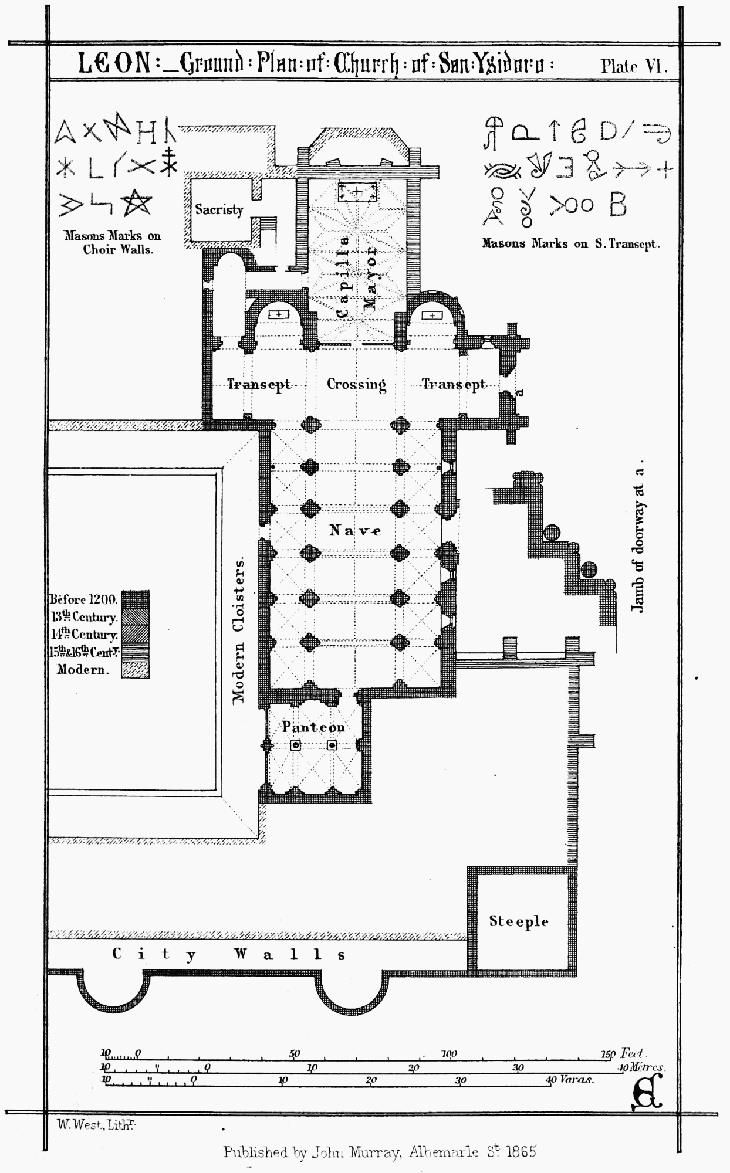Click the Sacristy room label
pos(219,209)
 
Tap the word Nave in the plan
pos(355,531)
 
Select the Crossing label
pos(356,384)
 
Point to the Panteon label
pos(313,727)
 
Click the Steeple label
pos(519,921)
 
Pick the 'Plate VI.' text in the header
pos(634,66)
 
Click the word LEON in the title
pos(115,65)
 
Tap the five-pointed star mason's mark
pos(137,203)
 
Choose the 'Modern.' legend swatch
pos(135,670)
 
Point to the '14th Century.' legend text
pos(84,635)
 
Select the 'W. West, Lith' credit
pos(96,1124)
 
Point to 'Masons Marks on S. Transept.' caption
pos(570,243)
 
